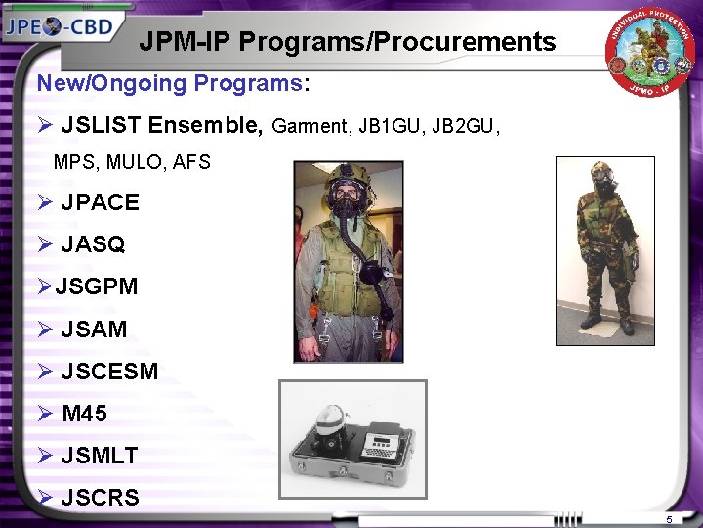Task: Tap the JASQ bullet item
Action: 93,245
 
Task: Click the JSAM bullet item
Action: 94,330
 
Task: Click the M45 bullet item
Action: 84,414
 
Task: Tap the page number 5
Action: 670,518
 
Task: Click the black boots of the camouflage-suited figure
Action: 607,322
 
